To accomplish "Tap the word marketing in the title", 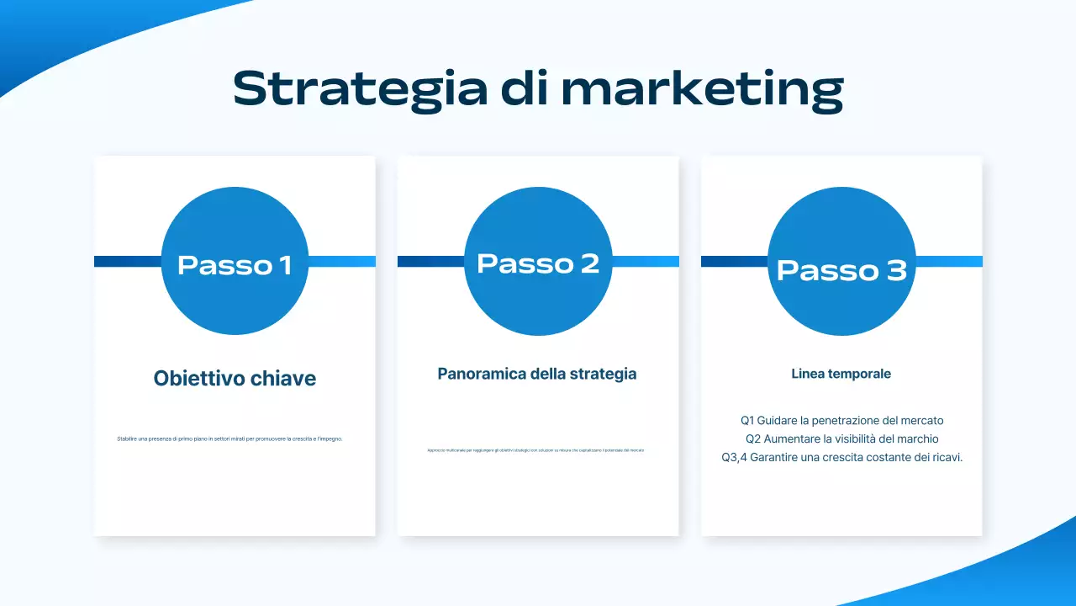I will (x=702, y=88).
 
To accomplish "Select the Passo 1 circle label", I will (x=235, y=265).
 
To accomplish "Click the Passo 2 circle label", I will (x=538, y=263).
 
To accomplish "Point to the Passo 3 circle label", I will (x=841, y=269).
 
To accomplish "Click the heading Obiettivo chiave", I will (x=235, y=379).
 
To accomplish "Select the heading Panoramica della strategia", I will (x=537, y=374).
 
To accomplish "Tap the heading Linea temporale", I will (x=841, y=374).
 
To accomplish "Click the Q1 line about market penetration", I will (x=841, y=420).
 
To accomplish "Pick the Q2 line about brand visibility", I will (x=841, y=439).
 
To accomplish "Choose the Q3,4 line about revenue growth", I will (x=841, y=458).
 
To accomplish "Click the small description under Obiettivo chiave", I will (x=229, y=439).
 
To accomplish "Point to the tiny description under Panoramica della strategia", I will (x=535, y=450).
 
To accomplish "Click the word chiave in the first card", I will (x=283, y=379).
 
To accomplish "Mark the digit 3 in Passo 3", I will (x=894, y=269).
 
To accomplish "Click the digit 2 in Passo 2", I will (x=588, y=263).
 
